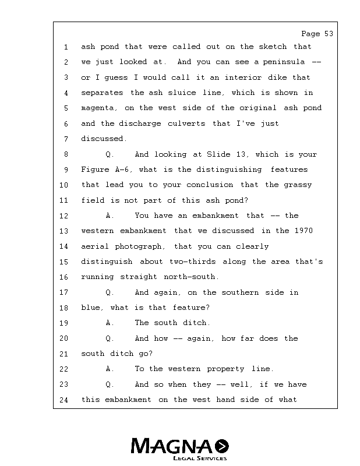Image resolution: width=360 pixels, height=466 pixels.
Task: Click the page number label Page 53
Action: tap(317, 34)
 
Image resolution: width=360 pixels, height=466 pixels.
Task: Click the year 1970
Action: tap(303, 231)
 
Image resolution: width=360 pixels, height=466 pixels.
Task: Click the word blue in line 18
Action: tap(91, 308)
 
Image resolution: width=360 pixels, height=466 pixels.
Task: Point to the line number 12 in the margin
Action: tap(64, 216)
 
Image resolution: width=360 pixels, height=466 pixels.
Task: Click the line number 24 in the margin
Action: tap(64, 400)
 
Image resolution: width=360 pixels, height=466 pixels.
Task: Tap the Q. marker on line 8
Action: tap(110, 154)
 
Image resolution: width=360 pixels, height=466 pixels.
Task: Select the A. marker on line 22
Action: tap(110, 369)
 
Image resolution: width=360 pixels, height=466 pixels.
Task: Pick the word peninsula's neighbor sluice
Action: tap(181, 93)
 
